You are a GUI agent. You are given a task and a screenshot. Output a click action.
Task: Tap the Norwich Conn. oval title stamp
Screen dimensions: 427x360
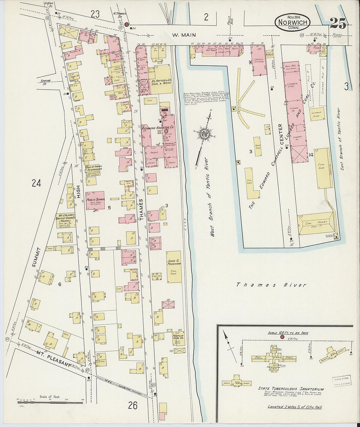pyautogui.click(x=293, y=22)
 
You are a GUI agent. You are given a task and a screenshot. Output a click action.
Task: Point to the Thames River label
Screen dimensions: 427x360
pyautogui.click(x=271, y=285)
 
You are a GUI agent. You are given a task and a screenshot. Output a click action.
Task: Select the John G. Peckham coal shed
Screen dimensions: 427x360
pyautogui.click(x=174, y=267)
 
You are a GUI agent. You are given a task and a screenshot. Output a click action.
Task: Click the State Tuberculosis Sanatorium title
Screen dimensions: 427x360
pyautogui.click(x=291, y=389)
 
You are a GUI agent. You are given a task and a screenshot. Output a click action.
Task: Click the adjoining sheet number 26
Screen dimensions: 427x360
pyautogui.click(x=133, y=406)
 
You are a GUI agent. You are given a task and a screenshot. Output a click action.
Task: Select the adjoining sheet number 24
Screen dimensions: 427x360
pyautogui.click(x=36, y=183)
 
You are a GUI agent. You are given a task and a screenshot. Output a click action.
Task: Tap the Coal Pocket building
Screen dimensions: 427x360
pyautogui.click(x=316, y=224)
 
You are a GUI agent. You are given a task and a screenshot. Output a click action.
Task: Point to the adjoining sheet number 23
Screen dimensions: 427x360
pyautogui.click(x=95, y=14)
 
